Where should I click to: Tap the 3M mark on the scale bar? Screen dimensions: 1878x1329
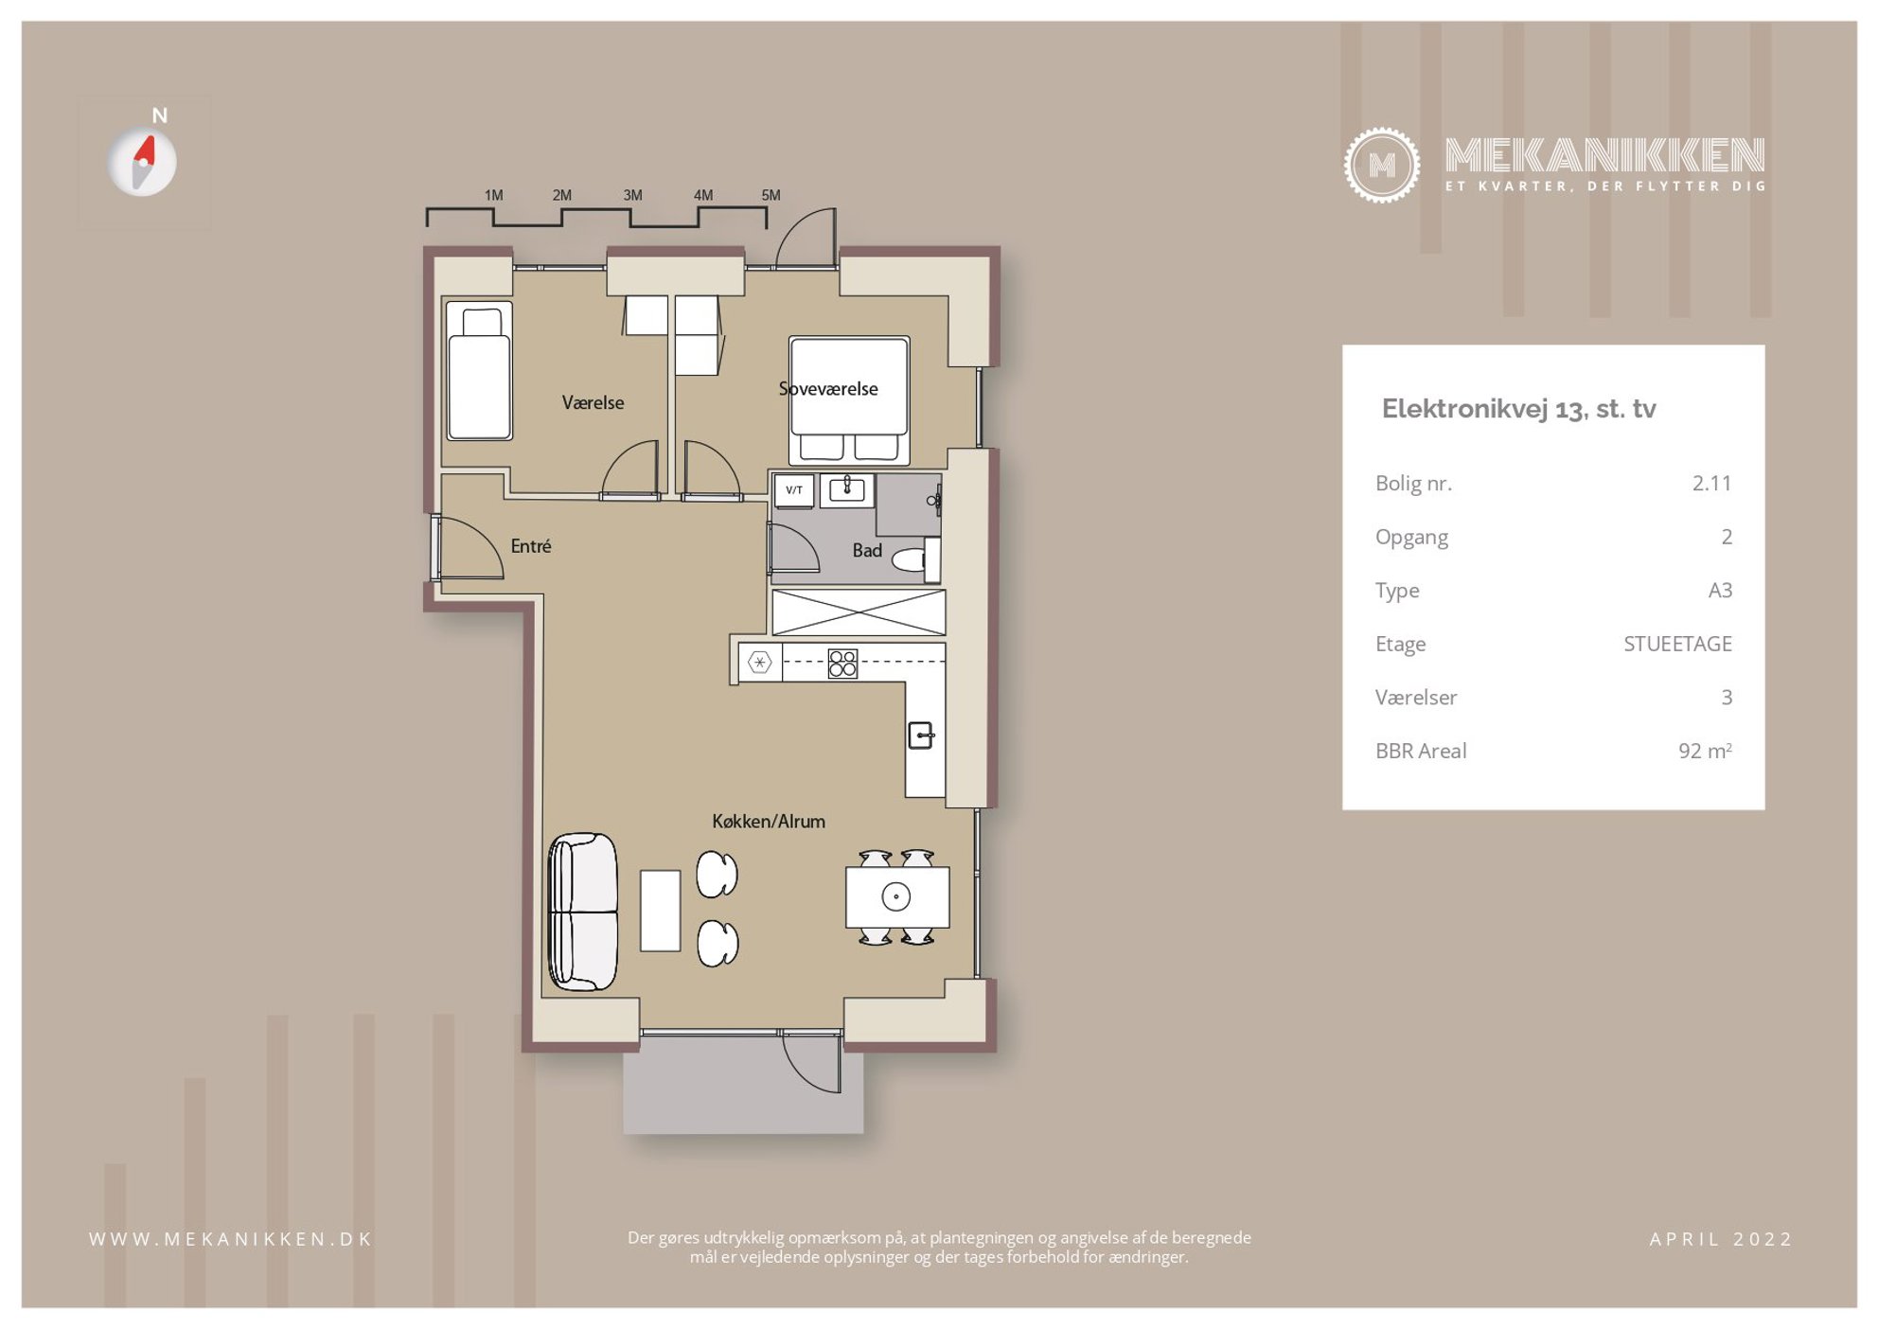tap(632, 195)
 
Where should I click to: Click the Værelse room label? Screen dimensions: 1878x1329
tap(593, 402)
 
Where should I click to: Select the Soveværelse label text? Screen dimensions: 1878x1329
tap(828, 389)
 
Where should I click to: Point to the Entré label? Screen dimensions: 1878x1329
tap(530, 546)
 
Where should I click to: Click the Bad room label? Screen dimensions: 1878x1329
tap(867, 550)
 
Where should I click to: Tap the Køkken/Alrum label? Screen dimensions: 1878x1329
tap(769, 822)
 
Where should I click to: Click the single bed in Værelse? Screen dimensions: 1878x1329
tap(480, 371)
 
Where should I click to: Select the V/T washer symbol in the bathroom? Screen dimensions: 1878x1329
tap(794, 490)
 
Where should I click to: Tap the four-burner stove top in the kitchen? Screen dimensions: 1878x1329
tap(842, 664)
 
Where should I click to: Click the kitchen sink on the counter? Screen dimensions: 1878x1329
tap(921, 735)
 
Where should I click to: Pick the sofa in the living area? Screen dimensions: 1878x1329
tap(583, 912)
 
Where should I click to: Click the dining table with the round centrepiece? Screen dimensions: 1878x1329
tap(897, 896)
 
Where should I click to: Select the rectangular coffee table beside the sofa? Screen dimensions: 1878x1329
tap(660, 910)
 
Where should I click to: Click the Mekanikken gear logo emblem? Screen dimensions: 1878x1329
tap(1382, 166)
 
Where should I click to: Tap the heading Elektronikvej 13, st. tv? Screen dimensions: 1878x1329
tap(1518, 409)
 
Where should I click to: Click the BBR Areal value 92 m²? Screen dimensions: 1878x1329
tap(1705, 751)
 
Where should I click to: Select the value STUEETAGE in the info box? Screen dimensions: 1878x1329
tap(1677, 644)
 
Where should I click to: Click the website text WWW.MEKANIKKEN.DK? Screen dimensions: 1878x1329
tap(231, 1239)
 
